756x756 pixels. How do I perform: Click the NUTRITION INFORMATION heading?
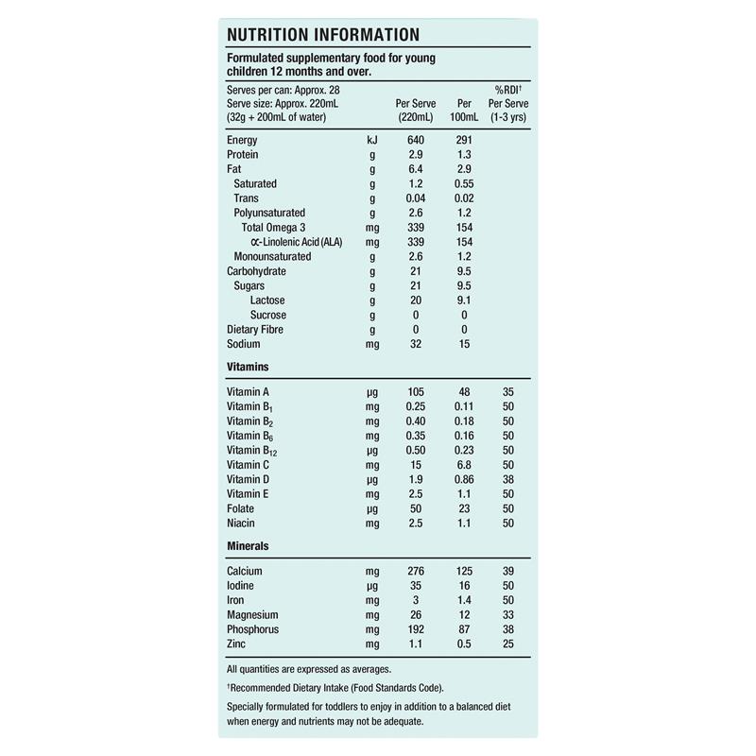323,36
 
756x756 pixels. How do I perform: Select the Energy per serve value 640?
416,140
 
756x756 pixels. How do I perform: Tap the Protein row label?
243,154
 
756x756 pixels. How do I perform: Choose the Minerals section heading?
249,545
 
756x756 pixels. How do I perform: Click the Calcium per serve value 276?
416,572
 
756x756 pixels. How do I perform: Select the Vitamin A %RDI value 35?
507,391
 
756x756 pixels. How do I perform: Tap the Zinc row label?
238,644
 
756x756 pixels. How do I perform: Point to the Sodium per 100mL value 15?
464,344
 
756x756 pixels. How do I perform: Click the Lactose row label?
267,301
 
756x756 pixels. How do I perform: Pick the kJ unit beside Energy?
372,140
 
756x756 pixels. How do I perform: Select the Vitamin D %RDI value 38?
507,479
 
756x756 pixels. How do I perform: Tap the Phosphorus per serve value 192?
416,629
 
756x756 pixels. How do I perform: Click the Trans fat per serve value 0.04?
416,198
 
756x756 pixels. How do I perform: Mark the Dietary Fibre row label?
255,330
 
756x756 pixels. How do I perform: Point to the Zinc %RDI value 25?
507,644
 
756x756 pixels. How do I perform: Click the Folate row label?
241,508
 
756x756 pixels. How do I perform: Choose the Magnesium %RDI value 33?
507,615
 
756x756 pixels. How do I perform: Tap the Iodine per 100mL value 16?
464,586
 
